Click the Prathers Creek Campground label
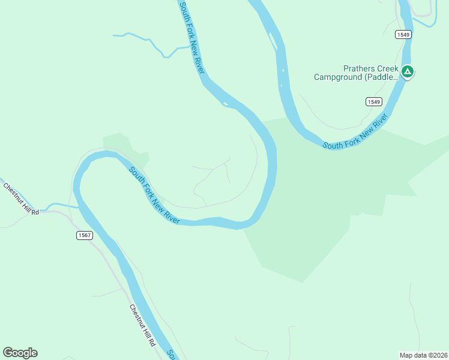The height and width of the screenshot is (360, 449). click(x=356, y=73)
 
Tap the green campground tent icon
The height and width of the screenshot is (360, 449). click(x=408, y=73)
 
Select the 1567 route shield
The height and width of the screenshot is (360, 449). click(x=85, y=235)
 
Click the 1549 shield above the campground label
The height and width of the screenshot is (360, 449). click(x=403, y=35)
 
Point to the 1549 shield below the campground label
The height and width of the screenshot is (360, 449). click(x=374, y=102)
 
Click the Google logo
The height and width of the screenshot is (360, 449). click(x=20, y=353)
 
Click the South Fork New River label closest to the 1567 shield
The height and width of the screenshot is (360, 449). click(x=154, y=196)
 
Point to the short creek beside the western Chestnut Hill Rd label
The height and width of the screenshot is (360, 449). click(x=60, y=206)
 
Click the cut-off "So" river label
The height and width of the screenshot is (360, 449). click(x=170, y=354)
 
